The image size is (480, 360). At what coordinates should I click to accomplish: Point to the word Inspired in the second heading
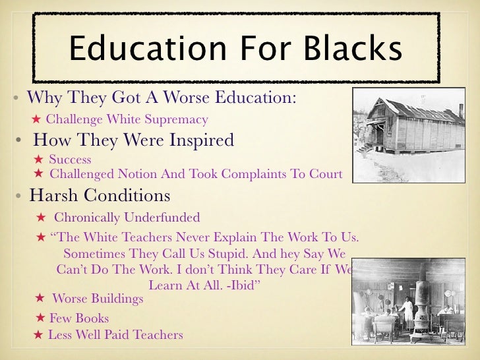click(x=200, y=140)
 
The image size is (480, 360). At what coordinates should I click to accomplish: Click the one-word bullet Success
click(x=70, y=160)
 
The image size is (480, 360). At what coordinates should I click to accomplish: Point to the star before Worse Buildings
click(x=39, y=299)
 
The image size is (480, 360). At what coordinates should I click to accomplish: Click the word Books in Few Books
click(x=92, y=318)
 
